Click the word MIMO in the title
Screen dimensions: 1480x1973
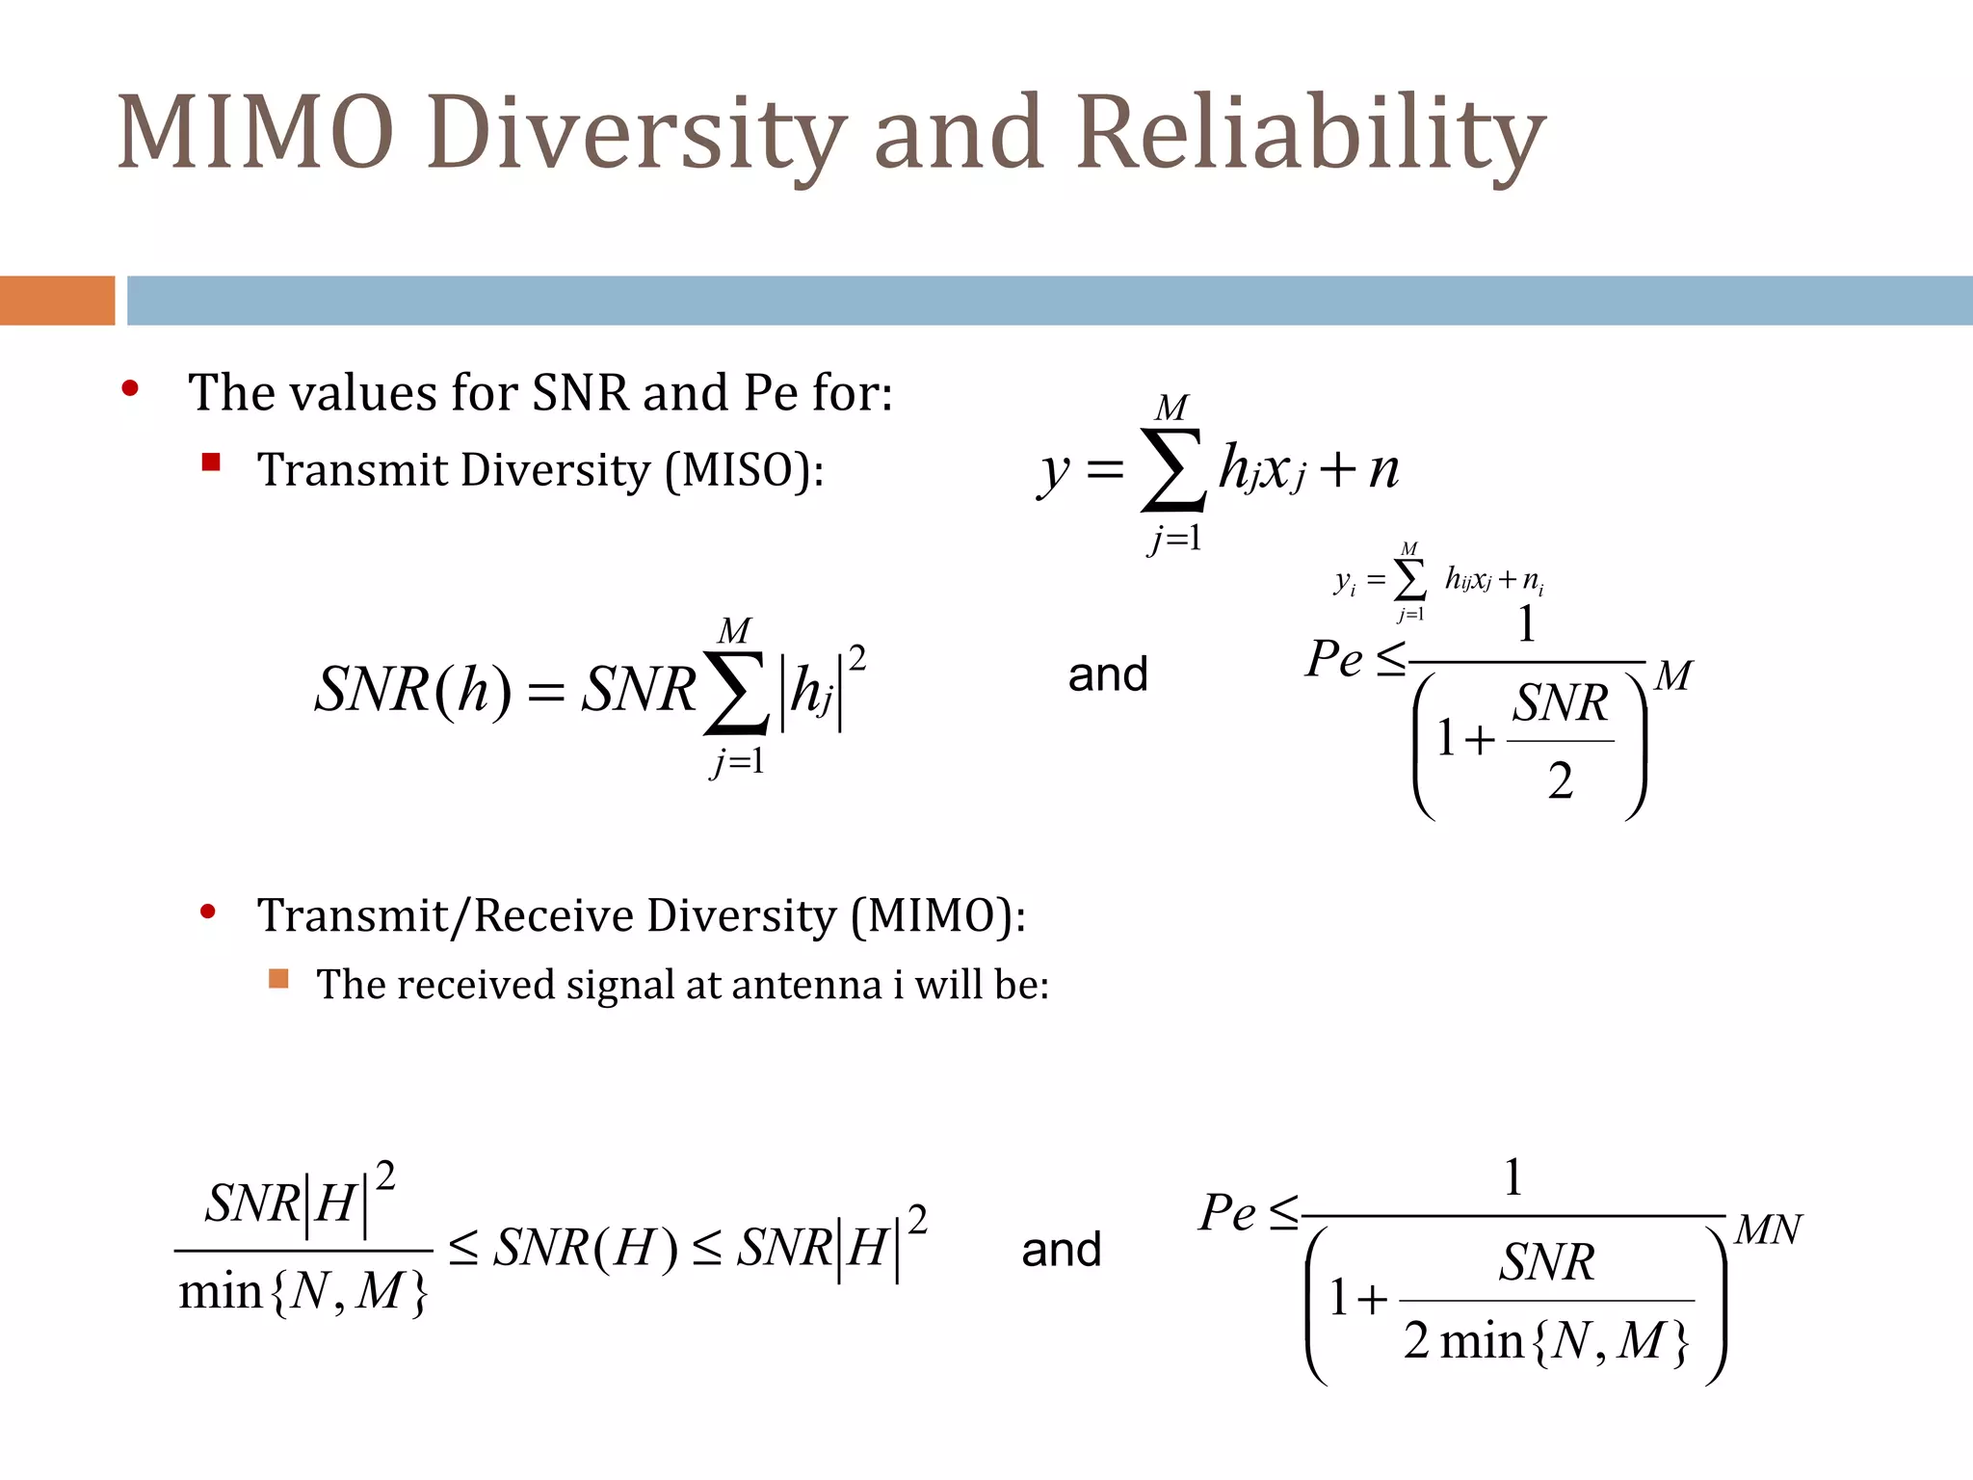point(255,131)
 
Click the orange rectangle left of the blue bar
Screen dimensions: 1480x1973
point(57,301)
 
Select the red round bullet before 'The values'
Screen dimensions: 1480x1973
point(130,389)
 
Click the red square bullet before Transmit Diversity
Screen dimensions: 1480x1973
point(211,462)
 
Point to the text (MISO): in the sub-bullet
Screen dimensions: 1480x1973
point(744,471)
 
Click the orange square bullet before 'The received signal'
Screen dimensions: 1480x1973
point(278,979)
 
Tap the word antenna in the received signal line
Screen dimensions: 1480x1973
point(805,985)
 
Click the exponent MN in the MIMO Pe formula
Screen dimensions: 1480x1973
point(1768,1229)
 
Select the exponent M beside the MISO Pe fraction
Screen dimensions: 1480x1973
point(1673,675)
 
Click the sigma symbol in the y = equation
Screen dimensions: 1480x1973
point(1172,469)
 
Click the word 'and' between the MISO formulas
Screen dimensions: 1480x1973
point(1108,674)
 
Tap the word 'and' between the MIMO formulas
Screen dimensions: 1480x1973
point(1061,1250)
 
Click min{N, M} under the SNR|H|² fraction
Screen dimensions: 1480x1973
point(303,1292)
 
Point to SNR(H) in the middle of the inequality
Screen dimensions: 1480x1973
point(586,1248)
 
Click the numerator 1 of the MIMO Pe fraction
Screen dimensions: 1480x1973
point(1513,1177)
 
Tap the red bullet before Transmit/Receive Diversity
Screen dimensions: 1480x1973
point(208,912)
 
